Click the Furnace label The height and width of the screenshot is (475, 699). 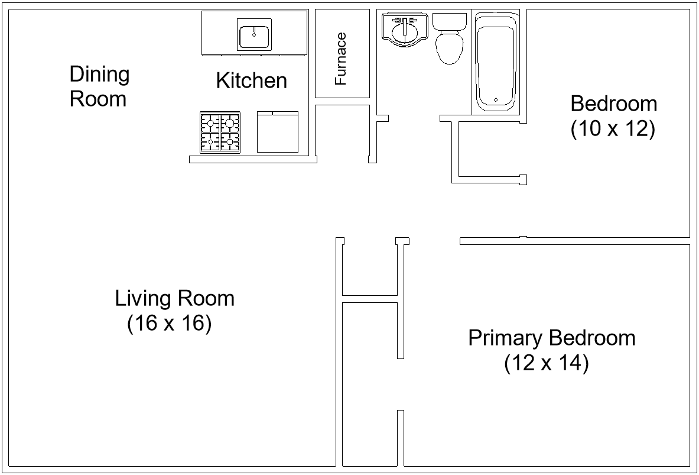(x=341, y=59)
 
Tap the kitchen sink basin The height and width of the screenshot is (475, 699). (x=255, y=34)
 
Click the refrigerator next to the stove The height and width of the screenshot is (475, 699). (x=278, y=131)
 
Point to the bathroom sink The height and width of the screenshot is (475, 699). (x=405, y=29)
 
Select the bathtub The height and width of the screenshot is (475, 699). (x=496, y=63)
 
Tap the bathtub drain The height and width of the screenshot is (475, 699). (x=495, y=99)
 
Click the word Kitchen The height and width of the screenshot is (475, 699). (x=252, y=80)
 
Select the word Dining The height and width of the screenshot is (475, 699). (x=99, y=75)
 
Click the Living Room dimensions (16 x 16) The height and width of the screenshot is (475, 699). (x=169, y=324)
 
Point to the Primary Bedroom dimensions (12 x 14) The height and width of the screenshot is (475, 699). (x=546, y=363)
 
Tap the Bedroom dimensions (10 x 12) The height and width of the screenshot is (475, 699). (x=613, y=129)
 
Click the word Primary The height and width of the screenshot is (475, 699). (x=505, y=338)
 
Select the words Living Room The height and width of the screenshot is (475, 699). (x=174, y=298)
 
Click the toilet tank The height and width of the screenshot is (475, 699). (x=449, y=22)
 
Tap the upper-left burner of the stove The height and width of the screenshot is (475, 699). (x=210, y=123)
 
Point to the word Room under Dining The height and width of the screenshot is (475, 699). (x=98, y=99)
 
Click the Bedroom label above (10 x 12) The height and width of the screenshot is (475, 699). (x=613, y=104)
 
